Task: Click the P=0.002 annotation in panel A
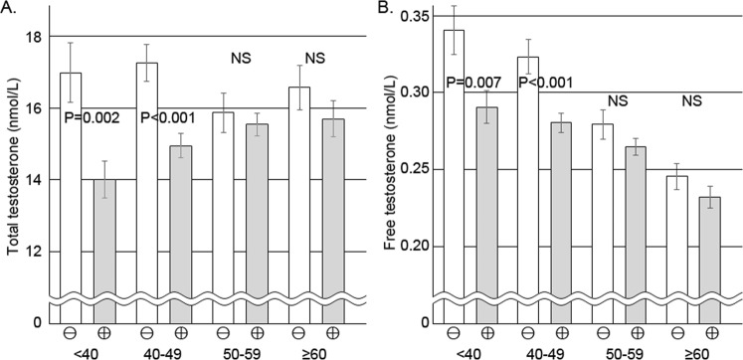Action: tap(92, 118)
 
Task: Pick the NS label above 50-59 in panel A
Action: tap(239, 59)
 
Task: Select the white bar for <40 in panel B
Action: tap(454, 179)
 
